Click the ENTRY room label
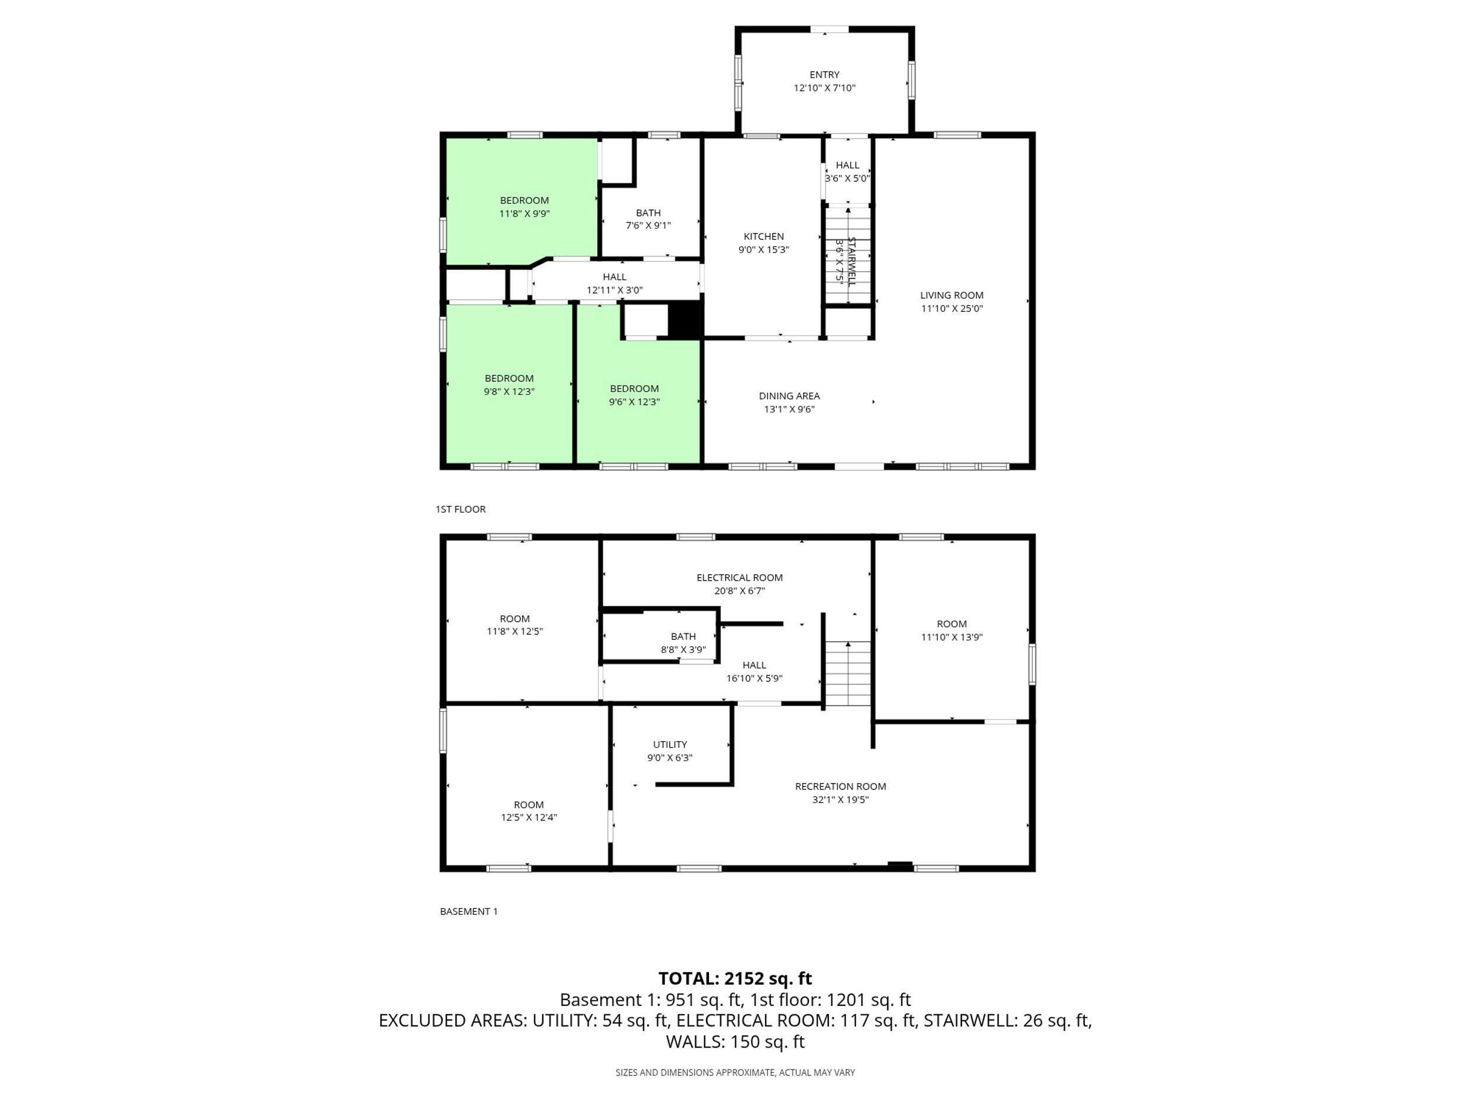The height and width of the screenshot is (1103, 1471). point(824,75)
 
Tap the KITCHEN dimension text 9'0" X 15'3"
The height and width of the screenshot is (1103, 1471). point(763,250)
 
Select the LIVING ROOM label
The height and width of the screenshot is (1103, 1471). point(951,295)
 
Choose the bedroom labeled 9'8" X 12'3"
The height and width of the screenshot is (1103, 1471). point(509,385)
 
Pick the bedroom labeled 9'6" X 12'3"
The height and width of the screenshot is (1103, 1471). point(634,395)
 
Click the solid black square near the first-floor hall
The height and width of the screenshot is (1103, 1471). point(684,321)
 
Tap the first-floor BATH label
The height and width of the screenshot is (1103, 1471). point(648,213)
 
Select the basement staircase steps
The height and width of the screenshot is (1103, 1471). point(848,673)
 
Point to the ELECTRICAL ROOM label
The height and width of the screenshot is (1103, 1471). point(739,578)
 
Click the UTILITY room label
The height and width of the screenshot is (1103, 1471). point(670,745)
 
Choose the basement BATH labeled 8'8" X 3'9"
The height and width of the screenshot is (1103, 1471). point(683,642)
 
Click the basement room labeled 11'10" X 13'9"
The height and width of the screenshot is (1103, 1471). point(951,630)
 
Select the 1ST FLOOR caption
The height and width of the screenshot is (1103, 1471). point(460,509)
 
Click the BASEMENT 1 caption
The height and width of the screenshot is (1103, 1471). point(468,912)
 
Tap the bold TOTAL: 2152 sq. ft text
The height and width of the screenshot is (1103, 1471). point(735,979)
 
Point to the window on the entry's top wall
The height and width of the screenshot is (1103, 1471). point(828,29)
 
